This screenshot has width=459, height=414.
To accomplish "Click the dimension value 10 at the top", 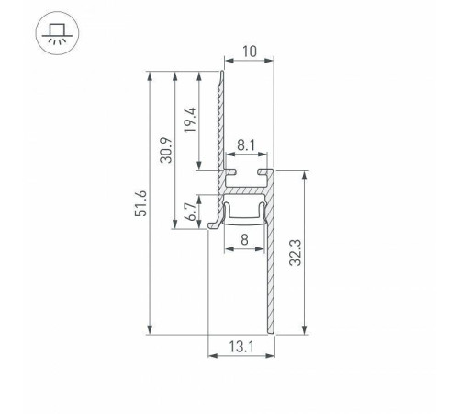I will click(x=249, y=52).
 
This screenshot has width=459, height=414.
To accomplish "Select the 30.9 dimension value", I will click(x=165, y=149).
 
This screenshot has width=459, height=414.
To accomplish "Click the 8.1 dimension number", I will click(x=244, y=145).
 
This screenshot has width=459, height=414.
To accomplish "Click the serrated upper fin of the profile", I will click(x=220, y=120).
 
